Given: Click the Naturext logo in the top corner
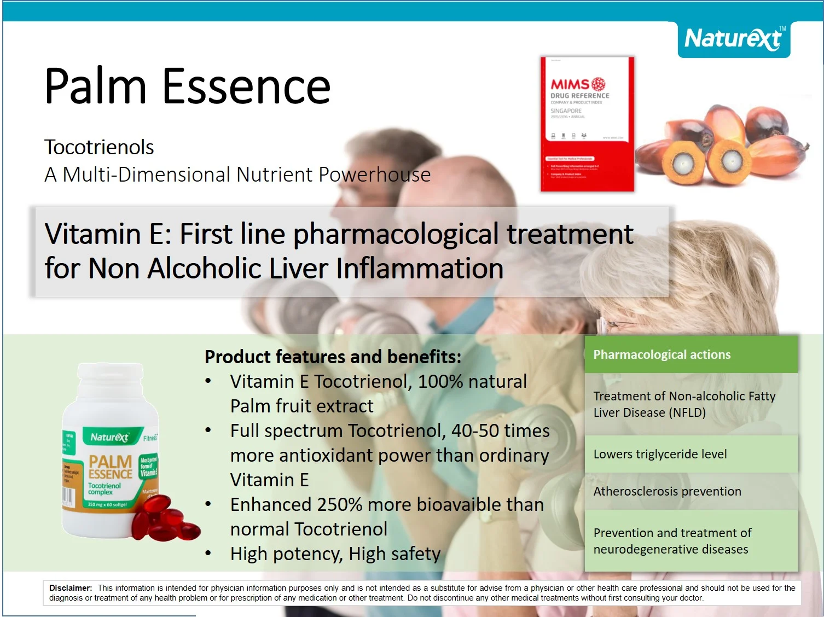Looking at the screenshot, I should click(733, 39).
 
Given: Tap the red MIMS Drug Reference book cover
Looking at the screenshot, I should click(587, 124).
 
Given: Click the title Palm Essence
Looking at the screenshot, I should click(187, 86).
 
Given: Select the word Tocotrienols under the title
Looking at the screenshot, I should click(99, 147).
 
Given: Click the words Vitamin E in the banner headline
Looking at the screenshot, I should click(108, 234).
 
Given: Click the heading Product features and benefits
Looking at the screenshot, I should click(333, 357).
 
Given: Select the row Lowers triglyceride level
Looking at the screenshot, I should click(660, 454).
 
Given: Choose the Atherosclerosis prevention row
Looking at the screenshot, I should click(667, 491).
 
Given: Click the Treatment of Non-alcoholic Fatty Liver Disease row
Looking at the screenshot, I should click(684, 404).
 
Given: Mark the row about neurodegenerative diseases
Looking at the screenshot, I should click(672, 541).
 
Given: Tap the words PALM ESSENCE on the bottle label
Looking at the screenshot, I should click(111, 467).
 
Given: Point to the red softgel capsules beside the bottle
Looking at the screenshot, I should click(165, 520).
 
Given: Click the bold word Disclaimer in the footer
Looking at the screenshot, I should click(71, 588).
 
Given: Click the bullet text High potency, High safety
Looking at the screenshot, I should click(335, 554).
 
